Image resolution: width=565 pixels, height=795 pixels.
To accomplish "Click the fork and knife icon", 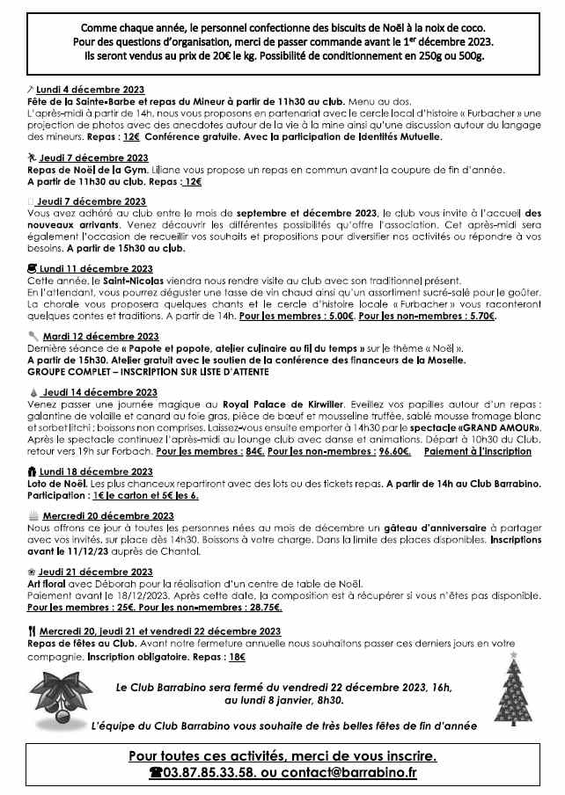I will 32,631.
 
